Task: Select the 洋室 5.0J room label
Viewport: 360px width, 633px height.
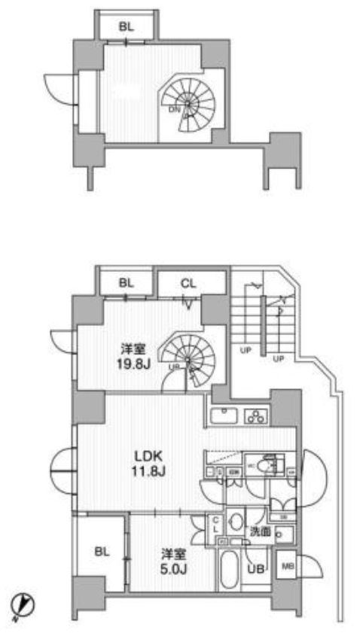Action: [x=169, y=560]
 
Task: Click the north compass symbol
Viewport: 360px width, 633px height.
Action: [x=24, y=604]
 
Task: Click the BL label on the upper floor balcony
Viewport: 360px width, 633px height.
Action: [x=127, y=26]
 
